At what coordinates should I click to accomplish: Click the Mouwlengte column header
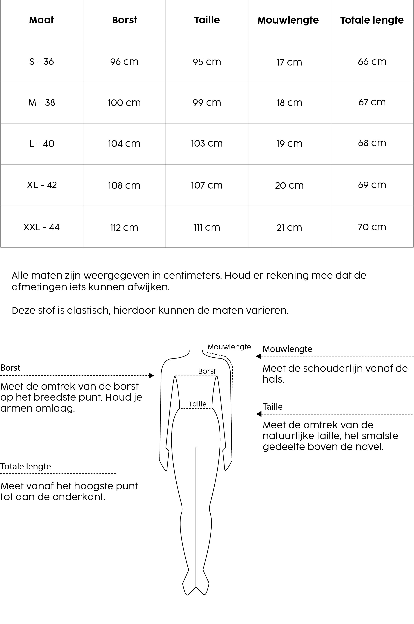coord(288,20)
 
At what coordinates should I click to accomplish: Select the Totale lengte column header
coord(372,20)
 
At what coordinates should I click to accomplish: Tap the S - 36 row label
coord(42,62)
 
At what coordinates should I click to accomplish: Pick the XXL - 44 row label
coord(42,227)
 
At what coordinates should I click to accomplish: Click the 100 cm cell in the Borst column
coord(124,103)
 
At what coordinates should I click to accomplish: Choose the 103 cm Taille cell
coord(207,143)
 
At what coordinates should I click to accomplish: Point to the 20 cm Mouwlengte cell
coord(289,186)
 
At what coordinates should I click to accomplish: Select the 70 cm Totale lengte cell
coord(372,227)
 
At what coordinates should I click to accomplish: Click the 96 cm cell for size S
coord(124,62)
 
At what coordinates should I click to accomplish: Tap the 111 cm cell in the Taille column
coord(207,227)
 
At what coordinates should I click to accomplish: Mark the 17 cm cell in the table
coord(289,62)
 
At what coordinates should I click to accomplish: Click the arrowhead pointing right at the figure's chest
coord(151,375)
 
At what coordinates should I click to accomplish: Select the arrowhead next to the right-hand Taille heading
coord(259,414)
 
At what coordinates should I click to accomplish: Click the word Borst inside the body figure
coord(207,371)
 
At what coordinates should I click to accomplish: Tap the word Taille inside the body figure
coord(198,404)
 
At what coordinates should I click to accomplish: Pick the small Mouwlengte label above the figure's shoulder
coord(229,347)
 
